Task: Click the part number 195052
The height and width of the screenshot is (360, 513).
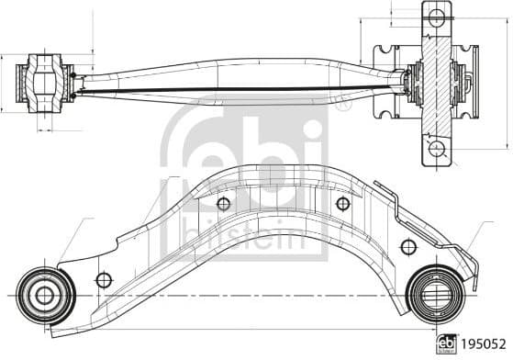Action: (x=484, y=344)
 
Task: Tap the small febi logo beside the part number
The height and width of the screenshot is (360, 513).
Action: (x=447, y=343)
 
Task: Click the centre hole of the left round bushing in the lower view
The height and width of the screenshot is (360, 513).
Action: (x=44, y=296)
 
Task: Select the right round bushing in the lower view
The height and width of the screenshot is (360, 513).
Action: (x=437, y=296)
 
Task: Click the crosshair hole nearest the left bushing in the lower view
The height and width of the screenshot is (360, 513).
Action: (x=104, y=280)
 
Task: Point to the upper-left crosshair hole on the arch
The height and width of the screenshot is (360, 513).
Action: (x=223, y=204)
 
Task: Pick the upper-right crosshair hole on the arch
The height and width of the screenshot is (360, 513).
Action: (x=343, y=204)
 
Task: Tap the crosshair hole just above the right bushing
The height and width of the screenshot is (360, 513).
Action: (x=408, y=247)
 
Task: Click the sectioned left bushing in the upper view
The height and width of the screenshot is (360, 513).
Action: (x=45, y=84)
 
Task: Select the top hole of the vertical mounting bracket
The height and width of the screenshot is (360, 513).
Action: (x=437, y=17)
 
